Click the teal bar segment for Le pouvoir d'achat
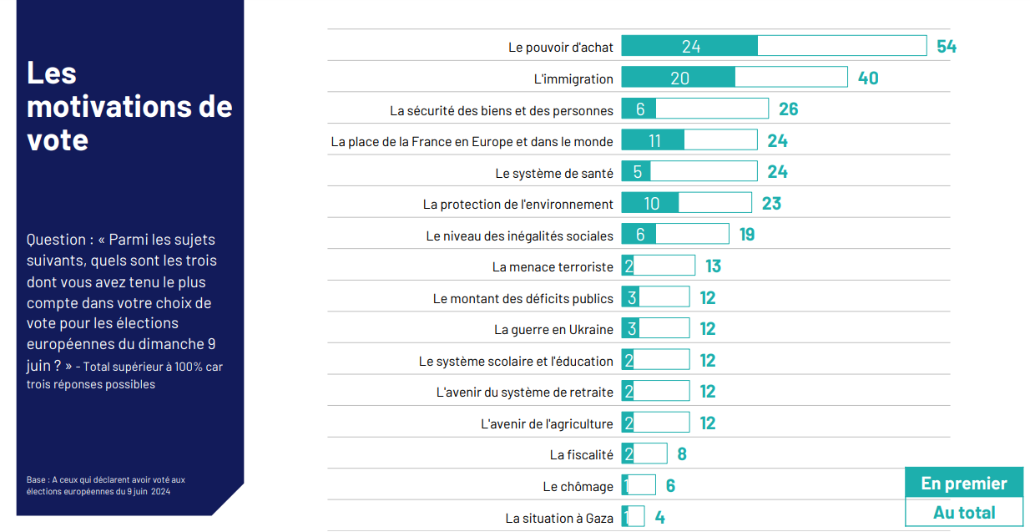pos(689,46)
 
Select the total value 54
pos(946,47)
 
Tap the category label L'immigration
pos(573,79)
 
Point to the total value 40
pos(868,79)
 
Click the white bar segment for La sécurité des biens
pos(711,109)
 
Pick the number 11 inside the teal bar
pos(654,141)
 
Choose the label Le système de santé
pos(554,174)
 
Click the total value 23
pos(771,204)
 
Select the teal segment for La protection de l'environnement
pos(650,204)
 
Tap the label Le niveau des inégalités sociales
pos(519,236)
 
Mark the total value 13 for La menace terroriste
pos(713,267)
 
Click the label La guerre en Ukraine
pos(553,330)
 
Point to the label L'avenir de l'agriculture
pos(547,424)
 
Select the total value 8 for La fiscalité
pos(682,455)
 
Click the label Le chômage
pos(578,487)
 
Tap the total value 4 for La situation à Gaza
pos(659,518)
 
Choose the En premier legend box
pos(964,484)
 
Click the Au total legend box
pos(964,513)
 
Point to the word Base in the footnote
pos(36,480)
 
